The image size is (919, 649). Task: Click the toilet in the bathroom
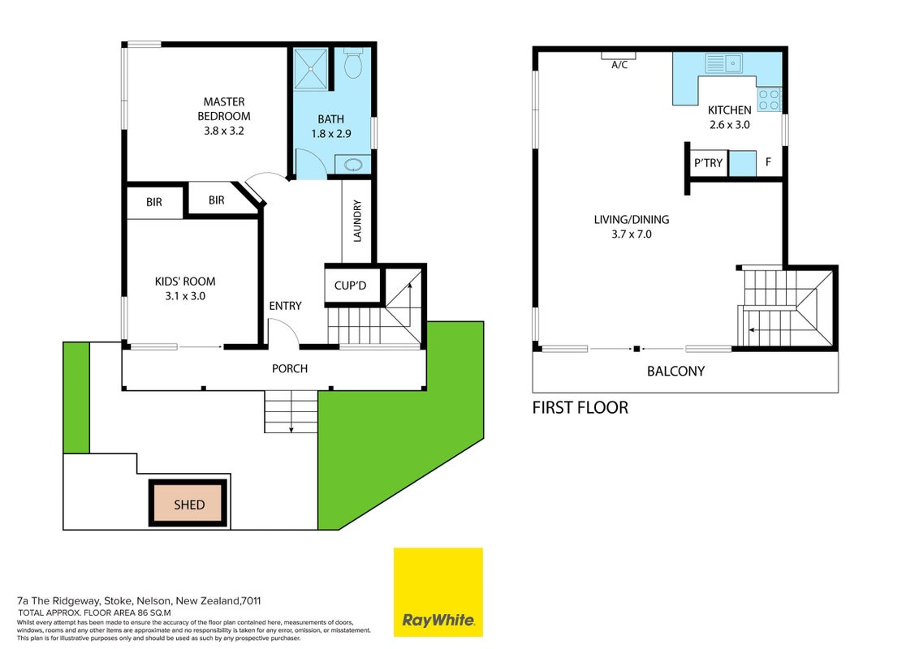353,63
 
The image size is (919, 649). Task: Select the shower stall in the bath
311,69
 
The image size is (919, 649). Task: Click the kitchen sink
724,63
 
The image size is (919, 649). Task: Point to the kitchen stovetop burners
770,100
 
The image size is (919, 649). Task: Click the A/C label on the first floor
619,65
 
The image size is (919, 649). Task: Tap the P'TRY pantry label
708,163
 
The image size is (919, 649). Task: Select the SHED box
188,504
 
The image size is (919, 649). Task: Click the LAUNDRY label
357,221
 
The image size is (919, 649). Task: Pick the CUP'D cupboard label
350,286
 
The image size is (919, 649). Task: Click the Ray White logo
438,592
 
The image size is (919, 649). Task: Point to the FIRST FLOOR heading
580,408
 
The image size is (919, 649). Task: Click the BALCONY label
675,372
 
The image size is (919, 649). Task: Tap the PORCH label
290,368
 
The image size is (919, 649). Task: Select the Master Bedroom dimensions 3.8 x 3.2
224,131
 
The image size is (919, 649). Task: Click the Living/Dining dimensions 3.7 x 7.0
632,234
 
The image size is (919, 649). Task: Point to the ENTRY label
286,306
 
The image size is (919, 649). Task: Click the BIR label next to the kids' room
154,202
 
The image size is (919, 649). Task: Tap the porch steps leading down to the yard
291,411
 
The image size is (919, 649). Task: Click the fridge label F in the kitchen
768,161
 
